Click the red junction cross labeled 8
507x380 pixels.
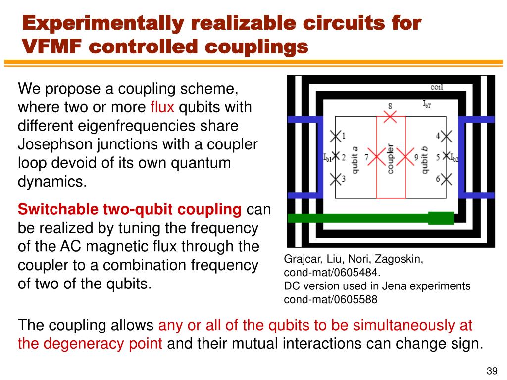(391, 117)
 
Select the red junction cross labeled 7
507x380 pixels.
(377, 157)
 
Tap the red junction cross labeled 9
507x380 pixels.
(405, 157)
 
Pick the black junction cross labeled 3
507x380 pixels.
(336, 179)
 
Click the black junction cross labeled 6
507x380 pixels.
(446, 179)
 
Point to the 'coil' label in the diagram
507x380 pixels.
(437, 88)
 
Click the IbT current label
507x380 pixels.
(427, 104)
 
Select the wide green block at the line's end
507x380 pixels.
(441, 218)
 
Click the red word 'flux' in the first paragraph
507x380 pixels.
(162, 107)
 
